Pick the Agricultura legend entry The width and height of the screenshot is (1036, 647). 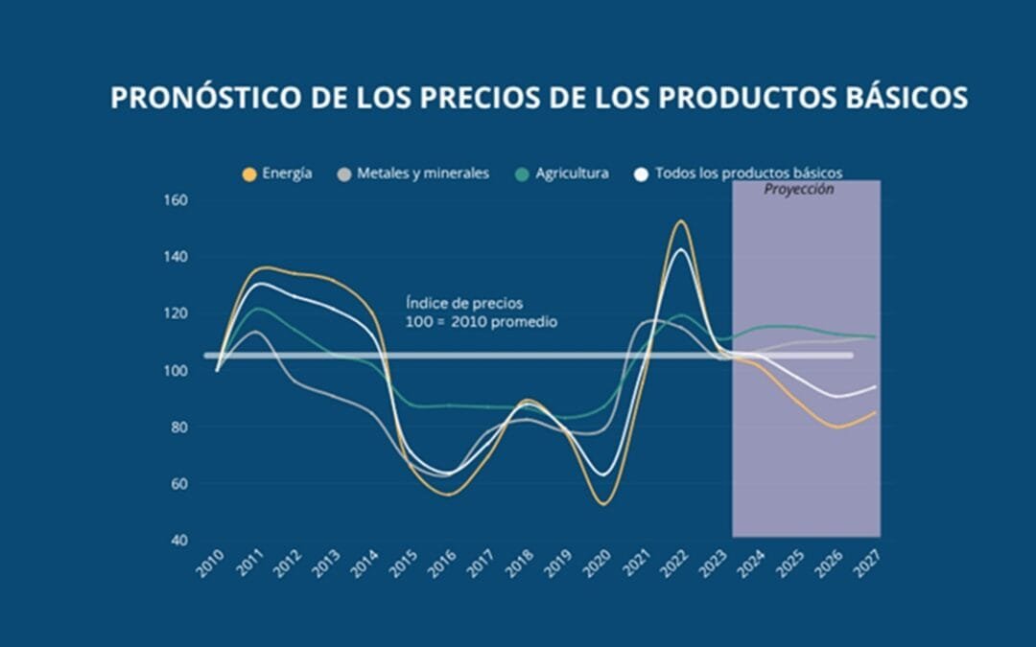(562, 173)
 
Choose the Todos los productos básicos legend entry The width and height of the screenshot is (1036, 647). (739, 173)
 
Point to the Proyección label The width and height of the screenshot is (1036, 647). (798, 190)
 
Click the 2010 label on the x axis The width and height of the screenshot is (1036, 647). (210, 562)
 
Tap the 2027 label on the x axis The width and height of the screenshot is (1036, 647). (869, 562)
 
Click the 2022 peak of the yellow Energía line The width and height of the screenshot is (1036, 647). (680, 221)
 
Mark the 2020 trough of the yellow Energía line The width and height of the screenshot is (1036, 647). (603, 504)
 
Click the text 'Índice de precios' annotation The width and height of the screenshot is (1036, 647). (464, 304)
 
